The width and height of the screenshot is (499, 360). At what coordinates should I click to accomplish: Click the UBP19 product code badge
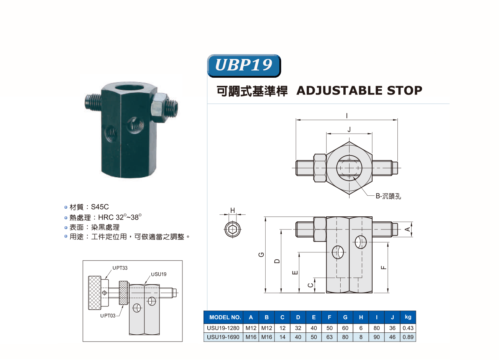244,65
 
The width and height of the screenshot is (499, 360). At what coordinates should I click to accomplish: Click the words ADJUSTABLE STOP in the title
359,90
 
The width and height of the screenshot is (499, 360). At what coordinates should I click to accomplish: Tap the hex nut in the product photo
159,107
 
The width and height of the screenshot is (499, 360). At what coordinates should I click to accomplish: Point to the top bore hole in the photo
129,87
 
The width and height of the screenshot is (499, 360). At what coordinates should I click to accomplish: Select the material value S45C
100,207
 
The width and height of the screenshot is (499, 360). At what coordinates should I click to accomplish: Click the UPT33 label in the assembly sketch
120,268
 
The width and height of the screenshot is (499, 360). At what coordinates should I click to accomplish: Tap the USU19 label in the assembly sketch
159,274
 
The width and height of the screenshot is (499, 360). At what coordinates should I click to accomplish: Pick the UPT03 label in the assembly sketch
108,316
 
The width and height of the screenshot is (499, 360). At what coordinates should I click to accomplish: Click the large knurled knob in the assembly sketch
94,293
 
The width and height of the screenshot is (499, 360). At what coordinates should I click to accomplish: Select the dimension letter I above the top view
347,116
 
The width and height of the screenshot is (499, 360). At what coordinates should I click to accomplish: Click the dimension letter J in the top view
349,129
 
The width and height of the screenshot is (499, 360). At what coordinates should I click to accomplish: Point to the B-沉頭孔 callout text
388,196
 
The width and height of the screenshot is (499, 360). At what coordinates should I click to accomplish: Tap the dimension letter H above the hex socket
233,210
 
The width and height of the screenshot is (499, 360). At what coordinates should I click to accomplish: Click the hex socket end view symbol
233,229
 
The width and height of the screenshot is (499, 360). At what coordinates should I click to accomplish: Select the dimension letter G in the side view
261,254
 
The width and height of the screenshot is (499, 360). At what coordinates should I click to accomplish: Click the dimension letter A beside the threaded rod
407,229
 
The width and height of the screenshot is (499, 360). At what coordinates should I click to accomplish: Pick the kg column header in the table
408,317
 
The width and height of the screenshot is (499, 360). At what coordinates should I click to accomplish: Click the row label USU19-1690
223,337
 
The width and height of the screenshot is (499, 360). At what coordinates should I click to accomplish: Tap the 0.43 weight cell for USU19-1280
408,328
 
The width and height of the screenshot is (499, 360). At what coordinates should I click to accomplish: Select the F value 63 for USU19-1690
329,337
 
